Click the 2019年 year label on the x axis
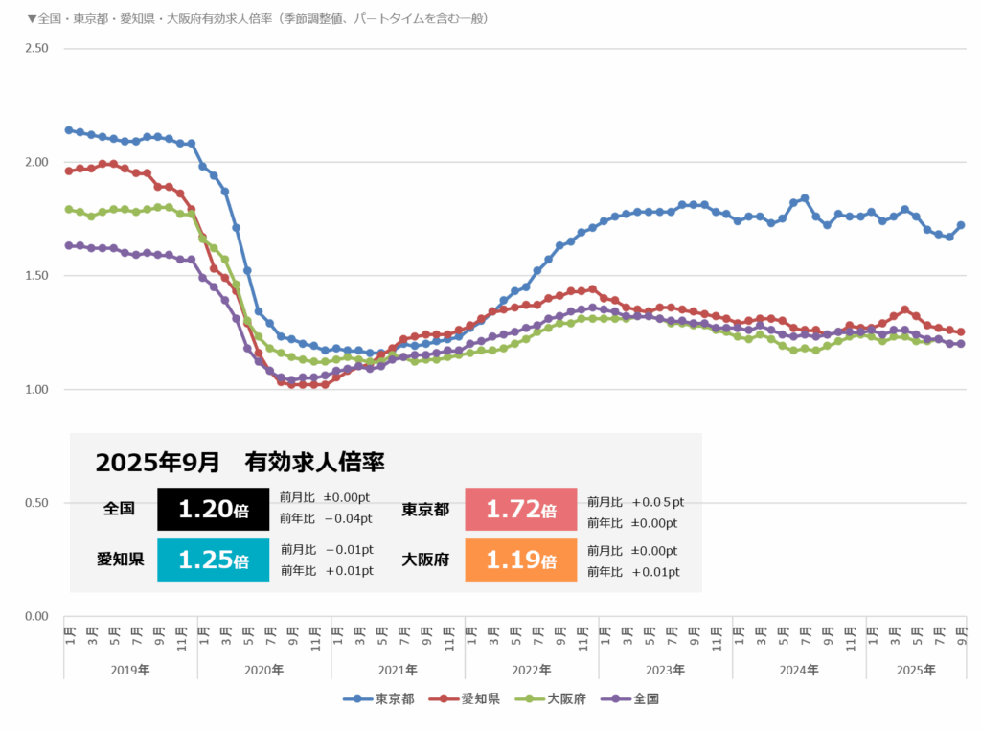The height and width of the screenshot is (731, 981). [130, 670]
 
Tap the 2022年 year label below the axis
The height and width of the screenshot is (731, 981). [532, 670]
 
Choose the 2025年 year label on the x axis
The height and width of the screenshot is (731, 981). [916, 670]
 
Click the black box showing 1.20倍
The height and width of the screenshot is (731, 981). [213, 510]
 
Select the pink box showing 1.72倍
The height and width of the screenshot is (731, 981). [520, 510]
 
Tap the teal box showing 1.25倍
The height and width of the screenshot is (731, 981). [213, 560]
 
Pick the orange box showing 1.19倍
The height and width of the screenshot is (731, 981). [520, 560]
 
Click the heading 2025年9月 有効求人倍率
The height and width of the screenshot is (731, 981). [240, 463]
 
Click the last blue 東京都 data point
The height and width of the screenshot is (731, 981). [961, 225]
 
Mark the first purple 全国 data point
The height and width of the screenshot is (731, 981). [69, 245]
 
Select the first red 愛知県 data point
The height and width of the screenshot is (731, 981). [69, 171]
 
